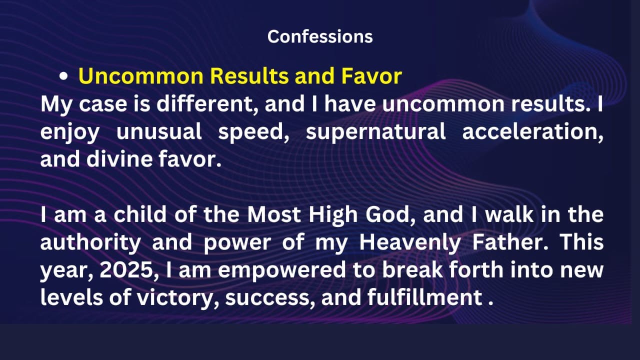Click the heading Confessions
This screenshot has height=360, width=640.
[320, 36]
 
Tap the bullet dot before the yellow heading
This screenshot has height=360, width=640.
[63, 76]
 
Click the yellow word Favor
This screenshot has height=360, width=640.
[371, 76]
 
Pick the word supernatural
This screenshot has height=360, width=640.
[375, 131]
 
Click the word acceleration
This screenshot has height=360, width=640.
[532, 131]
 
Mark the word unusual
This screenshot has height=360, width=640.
[159, 131]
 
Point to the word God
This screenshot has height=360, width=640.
[389, 214]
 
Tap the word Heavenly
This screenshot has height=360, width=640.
[410, 243]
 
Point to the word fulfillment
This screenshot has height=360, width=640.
[424, 297]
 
